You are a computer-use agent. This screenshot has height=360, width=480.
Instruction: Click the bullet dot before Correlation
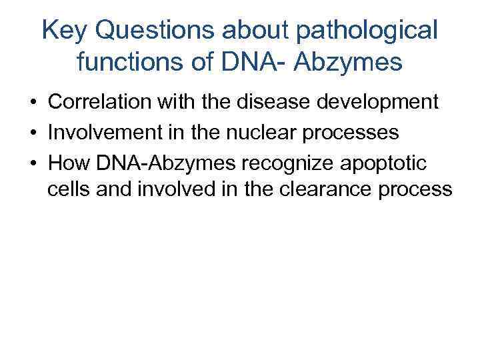(32, 103)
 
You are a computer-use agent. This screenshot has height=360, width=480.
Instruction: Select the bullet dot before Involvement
(32, 133)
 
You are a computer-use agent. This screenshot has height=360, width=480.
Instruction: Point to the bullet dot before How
(32, 162)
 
